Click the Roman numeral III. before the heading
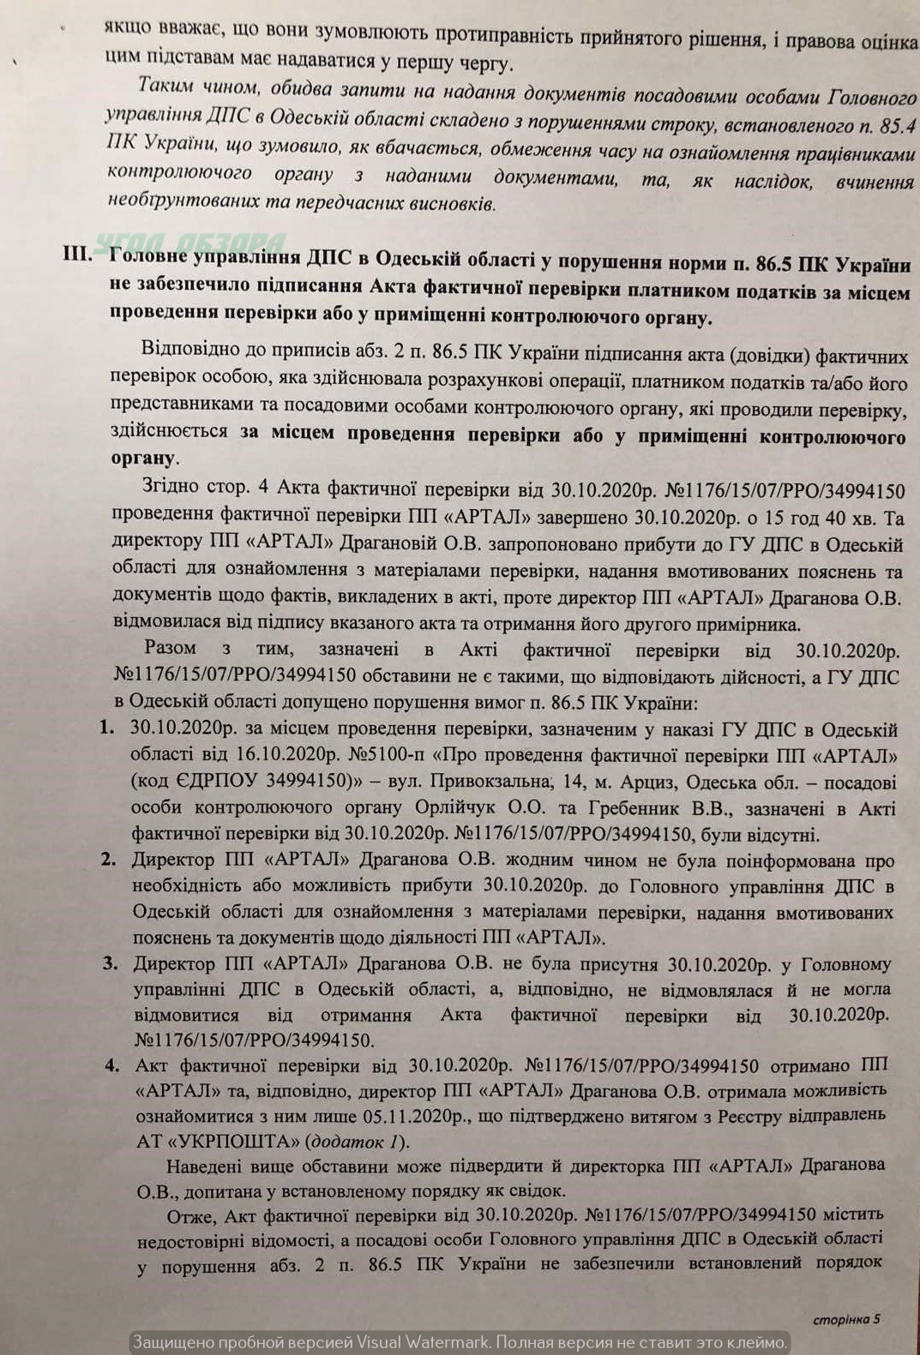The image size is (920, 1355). [78, 255]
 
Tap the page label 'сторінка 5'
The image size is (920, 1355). [846, 1319]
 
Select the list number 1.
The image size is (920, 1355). [107, 728]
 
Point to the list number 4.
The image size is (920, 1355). [112, 1065]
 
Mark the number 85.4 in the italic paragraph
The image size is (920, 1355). [898, 126]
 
